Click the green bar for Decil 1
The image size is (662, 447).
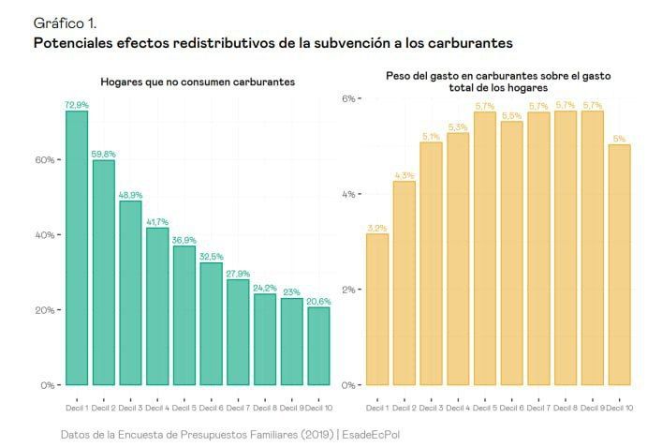[77, 247]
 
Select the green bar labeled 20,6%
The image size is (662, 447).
[319, 346]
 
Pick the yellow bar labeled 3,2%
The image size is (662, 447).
[377, 309]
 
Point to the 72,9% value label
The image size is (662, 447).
[77, 105]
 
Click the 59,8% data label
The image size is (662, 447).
[104, 154]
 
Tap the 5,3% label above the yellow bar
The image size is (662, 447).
[458, 127]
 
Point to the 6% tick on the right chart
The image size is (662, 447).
[346, 98]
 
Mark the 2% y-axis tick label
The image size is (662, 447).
[346, 290]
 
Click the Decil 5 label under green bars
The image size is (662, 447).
[184, 408]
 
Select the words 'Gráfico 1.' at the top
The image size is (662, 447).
[64, 22]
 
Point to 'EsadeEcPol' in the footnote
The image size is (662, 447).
[373, 435]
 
